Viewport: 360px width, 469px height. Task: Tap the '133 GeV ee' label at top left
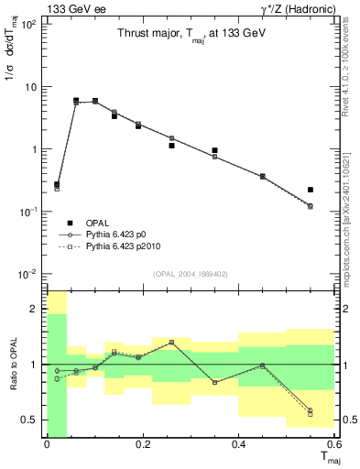35,8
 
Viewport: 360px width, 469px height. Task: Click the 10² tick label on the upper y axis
28,25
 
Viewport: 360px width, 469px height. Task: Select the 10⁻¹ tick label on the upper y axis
27,212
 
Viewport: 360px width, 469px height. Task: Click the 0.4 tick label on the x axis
238,446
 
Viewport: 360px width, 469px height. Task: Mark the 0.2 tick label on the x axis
142,446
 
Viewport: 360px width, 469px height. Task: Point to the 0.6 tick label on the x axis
333,446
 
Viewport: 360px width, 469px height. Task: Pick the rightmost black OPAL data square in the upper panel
311,190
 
